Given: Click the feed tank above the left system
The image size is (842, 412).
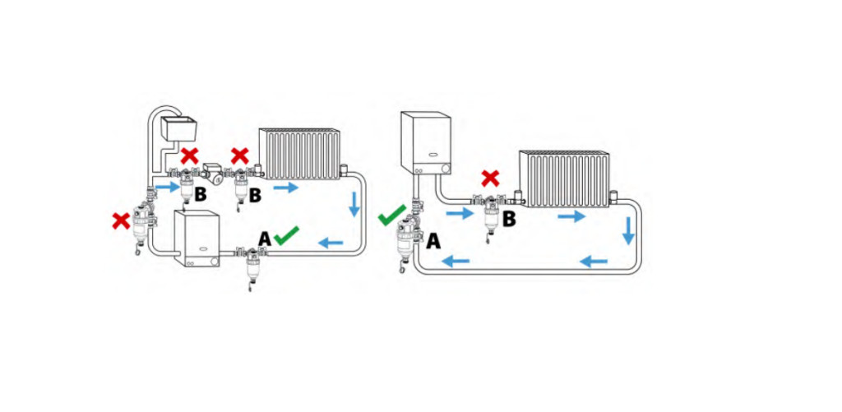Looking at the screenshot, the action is coord(178,127).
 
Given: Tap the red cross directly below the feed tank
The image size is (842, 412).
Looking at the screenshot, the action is coord(189,156).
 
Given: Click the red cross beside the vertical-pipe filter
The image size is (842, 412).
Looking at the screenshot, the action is coord(122,220).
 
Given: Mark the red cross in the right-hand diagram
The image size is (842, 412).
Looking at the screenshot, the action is coord(490,178).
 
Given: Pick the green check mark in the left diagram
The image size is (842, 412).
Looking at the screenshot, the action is coord(286,234).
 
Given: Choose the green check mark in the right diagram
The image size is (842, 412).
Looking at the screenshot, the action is coord(392,215).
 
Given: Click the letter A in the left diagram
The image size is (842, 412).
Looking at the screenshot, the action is coord(264,239).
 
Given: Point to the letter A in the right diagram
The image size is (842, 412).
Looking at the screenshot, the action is coord(433,242).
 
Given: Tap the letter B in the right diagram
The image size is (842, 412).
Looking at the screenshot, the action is coord(509,219).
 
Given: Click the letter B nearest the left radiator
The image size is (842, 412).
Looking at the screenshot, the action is coord(255,196).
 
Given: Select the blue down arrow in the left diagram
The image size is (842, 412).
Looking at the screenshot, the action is coord(354,204).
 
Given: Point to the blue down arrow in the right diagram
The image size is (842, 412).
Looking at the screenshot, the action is coord(628,231).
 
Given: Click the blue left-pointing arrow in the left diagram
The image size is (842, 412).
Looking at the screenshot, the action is coord(331,243).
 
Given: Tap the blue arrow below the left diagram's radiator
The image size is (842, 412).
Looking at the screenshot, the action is coord(285,187).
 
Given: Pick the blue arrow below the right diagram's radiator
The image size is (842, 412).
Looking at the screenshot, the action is coord(571,216).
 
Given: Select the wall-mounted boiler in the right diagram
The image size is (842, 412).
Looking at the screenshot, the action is coord(426,143).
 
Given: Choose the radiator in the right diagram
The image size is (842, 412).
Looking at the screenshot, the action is coord(564,179).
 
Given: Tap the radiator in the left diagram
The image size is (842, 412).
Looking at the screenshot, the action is coord(299,154).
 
